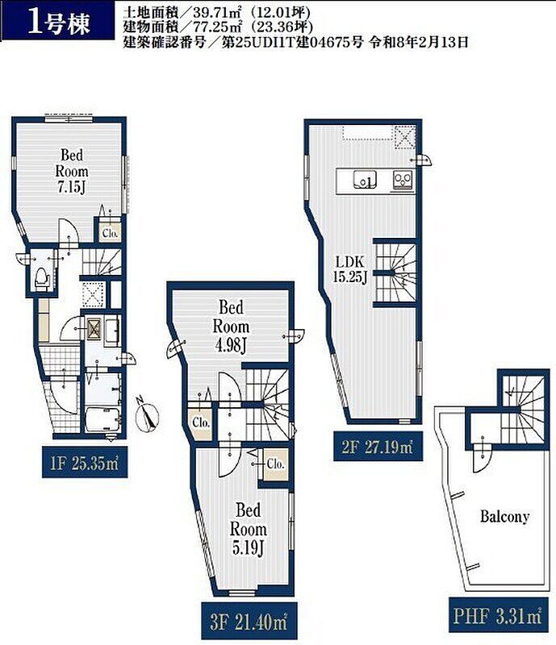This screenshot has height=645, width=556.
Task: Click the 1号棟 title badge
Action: [x=57, y=21]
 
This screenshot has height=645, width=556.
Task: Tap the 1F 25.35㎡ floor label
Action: [x=85, y=463]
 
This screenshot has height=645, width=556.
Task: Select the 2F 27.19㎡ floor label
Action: [x=378, y=446]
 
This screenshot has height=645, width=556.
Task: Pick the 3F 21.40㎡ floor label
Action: [x=249, y=622]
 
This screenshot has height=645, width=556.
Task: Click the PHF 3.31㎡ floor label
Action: [x=498, y=616]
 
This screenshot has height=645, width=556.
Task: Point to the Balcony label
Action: [x=504, y=516]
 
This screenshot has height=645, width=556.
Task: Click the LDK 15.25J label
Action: [x=350, y=269]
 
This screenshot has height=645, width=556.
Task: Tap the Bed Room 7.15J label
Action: [x=72, y=171]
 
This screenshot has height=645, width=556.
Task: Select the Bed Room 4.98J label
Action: [x=231, y=327]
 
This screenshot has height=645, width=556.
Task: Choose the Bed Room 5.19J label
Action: [x=249, y=529]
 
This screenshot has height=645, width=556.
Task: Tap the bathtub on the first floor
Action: [x=103, y=419]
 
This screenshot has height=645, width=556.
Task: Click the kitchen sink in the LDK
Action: [x=365, y=180]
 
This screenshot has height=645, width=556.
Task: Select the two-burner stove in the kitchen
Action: [x=403, y=180]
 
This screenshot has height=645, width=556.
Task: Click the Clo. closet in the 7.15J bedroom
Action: [x=110, y=232]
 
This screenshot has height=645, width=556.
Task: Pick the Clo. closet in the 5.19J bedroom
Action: [x=275, y=464]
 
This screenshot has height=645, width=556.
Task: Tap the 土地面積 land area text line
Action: [x=216, y=12]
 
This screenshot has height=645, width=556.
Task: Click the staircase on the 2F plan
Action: [x=395, y=273]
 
